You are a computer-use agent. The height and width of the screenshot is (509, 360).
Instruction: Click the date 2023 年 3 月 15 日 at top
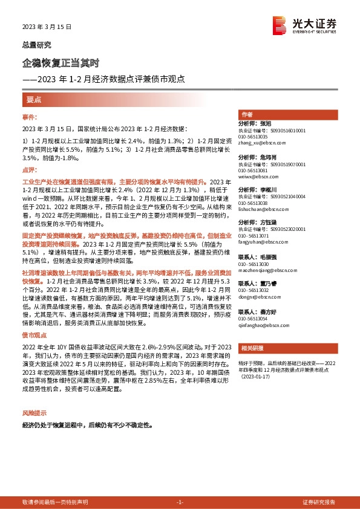[47, 27]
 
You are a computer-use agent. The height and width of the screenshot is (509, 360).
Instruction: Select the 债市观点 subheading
[34, 334]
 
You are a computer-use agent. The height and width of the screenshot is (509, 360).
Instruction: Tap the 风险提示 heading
[34, 413]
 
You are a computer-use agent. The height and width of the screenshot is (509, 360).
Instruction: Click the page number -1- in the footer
[180, 502]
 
